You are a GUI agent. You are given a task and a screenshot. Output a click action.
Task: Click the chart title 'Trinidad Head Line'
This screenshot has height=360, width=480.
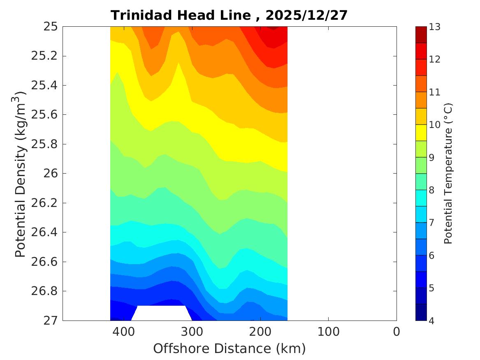[181, 15]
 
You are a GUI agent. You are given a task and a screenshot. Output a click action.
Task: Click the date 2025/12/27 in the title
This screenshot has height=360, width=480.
[306, 15]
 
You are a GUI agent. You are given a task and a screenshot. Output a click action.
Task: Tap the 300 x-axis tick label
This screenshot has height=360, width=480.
[192, 332]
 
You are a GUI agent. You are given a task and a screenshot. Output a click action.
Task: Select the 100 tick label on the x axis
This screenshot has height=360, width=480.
[328, 332]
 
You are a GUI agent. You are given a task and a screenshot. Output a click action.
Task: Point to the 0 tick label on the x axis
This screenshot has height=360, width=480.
[396, 332]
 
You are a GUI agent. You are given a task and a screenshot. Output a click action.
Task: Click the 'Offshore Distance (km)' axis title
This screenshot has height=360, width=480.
[230, 349]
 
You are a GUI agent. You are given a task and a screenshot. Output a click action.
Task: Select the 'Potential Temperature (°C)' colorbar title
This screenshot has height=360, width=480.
[448, 174]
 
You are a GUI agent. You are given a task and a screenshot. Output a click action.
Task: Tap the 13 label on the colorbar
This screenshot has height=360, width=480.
[435, 27]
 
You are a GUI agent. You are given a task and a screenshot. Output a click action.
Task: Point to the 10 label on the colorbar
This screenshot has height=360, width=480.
[435, 125]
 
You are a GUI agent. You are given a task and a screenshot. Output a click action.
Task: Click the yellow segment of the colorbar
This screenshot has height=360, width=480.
[421, 133]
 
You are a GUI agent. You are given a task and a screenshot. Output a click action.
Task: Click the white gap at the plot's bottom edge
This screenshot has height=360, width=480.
[161, 313]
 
